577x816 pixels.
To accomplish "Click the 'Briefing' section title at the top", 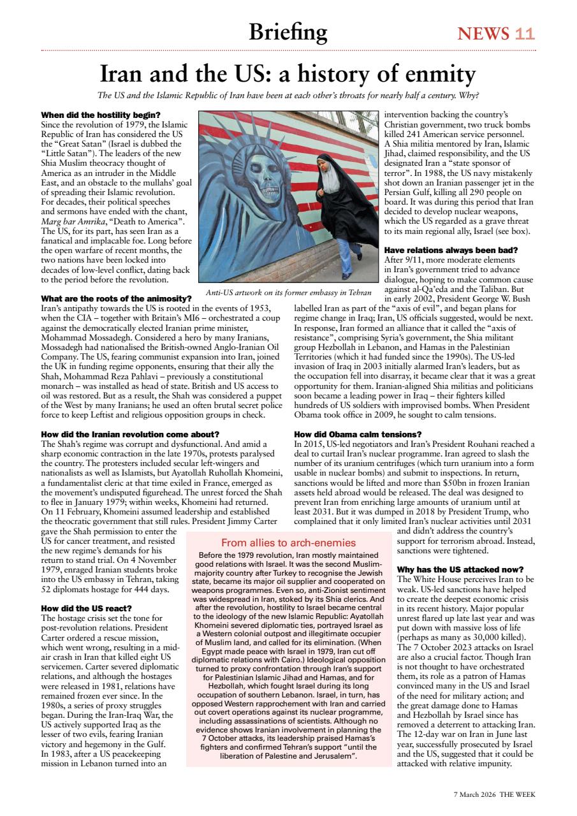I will click(x=288, y=31).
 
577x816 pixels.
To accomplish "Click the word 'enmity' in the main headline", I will click(x=434, y=75).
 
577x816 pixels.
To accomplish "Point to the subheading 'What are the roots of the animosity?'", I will click(x=116, y=298).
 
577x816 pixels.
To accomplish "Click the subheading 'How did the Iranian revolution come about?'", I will click(x=130, y=434).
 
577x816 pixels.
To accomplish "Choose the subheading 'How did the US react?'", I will click(x=86, y=608).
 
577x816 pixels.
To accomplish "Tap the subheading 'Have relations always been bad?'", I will click(x=451, y=250).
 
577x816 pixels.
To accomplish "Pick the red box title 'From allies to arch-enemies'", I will click(x=288, y=543).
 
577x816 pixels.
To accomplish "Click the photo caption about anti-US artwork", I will click(x=288, y=293).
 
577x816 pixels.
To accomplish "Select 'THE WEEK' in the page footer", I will click(x=518, y=794).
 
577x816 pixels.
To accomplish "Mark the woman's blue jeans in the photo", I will click(x=342, y=252).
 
